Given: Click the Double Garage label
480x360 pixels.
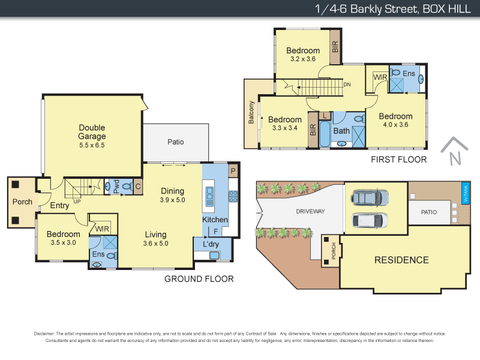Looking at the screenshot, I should tap(92, 132).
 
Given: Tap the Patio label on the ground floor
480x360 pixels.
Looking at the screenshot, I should tap(176, 142).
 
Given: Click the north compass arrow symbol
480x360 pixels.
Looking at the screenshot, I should tap(454, 151).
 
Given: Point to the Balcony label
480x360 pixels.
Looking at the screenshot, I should tap(252, 113).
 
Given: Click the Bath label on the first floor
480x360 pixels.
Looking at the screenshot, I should tap(341, 131).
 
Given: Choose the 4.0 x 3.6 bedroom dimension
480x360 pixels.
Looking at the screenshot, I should tap(395, 125).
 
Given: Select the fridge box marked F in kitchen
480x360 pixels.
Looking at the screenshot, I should tap(215, 231).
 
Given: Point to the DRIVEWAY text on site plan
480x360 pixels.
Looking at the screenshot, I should tap(310, 211).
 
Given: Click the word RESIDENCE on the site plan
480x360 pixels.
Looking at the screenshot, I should tap(402, 260).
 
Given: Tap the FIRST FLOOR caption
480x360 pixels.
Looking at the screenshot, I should tap(399, 160).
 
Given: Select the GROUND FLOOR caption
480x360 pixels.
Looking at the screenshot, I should tap(199, 278).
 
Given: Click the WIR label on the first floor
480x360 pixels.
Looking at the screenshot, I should tap(380, 77).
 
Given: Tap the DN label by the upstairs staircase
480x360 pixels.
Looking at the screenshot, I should tap(347, 84).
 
